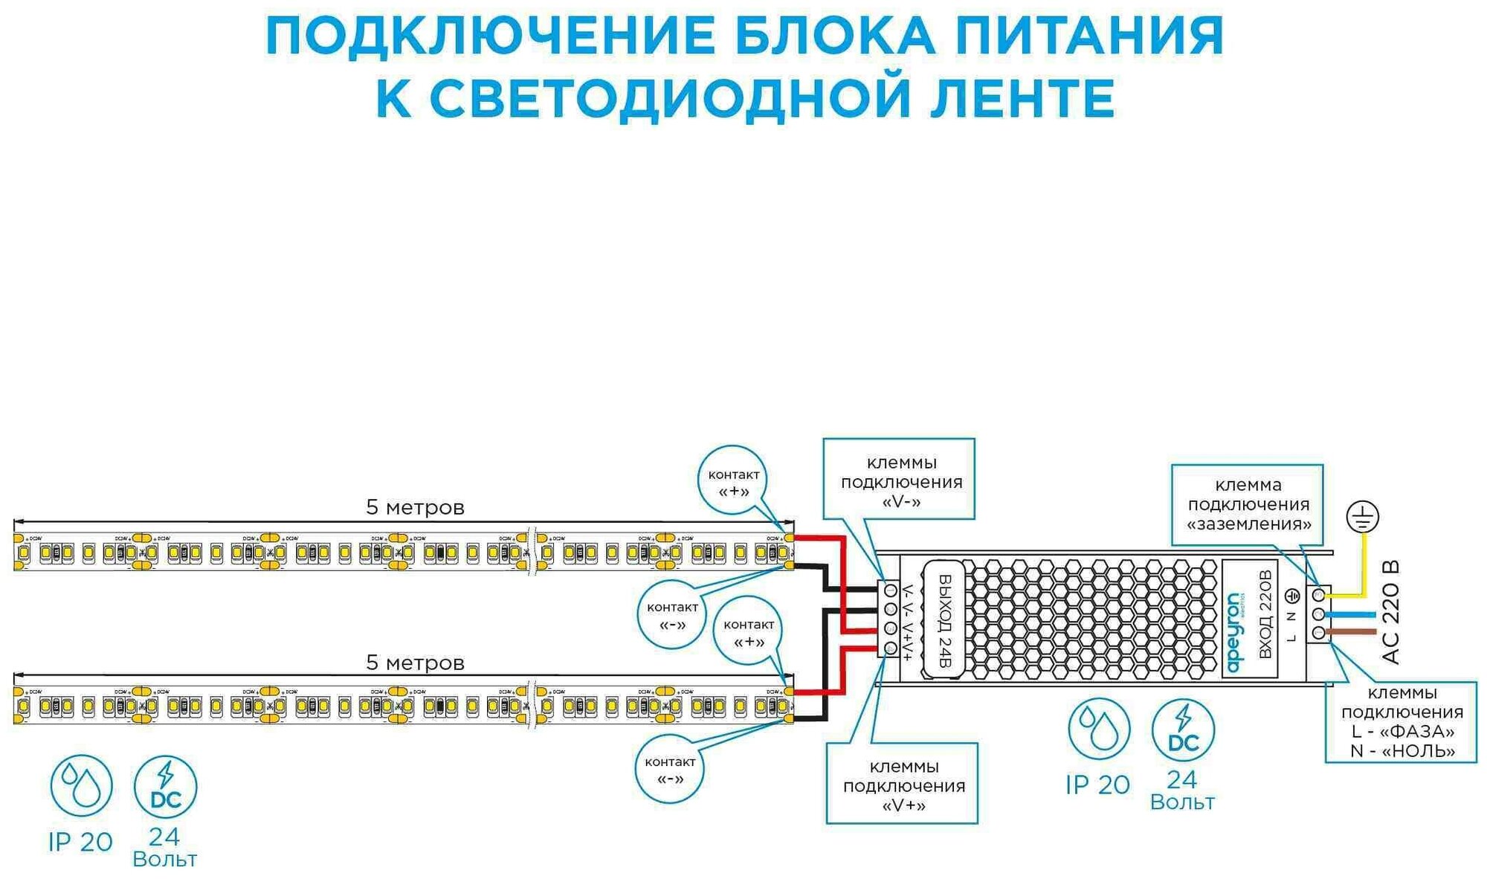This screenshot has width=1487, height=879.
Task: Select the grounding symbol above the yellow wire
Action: [x=1362, y=517]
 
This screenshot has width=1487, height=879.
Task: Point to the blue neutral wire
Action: [x=1352, y=615]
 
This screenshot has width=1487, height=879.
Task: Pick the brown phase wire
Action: [x=1352, y=633]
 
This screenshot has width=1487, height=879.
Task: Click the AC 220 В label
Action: [x=1390, y=612]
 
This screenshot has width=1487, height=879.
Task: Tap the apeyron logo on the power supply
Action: [x=1233, y=632]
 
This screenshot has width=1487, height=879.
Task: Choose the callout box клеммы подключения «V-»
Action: [x=899, y=479]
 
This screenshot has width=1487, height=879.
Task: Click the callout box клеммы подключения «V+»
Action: [x=902, y=783]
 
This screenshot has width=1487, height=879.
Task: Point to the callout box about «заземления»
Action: [x=1248, y=503]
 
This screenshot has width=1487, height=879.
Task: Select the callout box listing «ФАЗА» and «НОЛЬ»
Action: [x=1401, y=722]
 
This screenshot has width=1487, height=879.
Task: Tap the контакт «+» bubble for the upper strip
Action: [x=733, y=481]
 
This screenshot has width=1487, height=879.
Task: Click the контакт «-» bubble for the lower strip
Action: [x=670, y=769]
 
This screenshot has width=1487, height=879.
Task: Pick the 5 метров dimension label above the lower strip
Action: [x=415, y=663]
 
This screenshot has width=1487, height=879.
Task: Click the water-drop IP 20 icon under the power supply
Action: [x=1098, y=729]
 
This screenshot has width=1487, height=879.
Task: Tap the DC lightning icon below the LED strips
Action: [x=165, y=787]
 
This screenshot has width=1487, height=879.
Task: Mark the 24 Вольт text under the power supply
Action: [x=1182, y=790]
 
